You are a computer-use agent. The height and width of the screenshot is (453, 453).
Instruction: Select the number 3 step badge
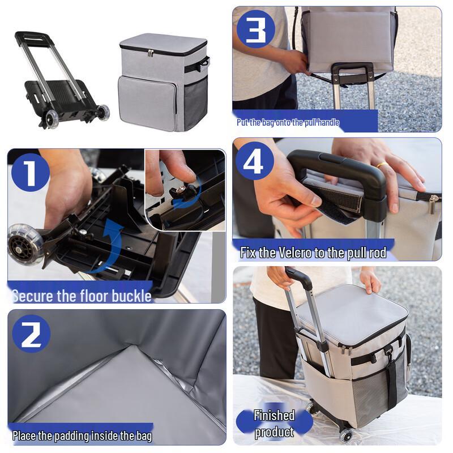click(x=255, y=28)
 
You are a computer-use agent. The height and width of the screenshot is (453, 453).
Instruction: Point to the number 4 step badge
click(x=255, y=161)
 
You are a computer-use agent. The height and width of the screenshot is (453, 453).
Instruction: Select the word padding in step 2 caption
click(x=74, y=436)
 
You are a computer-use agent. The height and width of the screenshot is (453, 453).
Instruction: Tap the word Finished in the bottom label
click(x=274, y=415)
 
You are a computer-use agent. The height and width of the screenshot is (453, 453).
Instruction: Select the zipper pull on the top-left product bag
click(x=151, y=53)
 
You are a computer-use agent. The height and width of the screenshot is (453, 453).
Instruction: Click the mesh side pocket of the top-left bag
click(x=196, y=102)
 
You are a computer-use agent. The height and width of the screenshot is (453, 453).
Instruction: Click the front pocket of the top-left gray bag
click(x=147, y=102)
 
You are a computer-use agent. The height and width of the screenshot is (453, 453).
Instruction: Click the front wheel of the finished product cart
click(x=345, y=434)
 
